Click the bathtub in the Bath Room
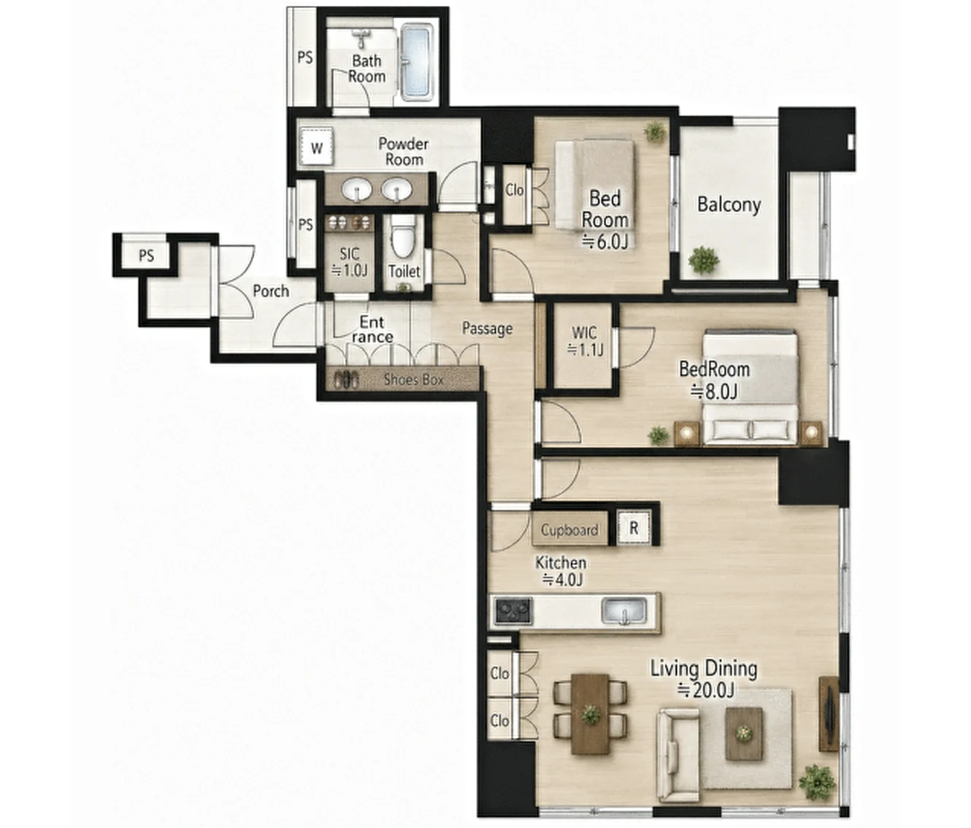tap(417, 63)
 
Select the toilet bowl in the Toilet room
tap(403, 237)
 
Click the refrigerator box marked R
tap(634, 528)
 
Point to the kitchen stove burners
tap(513, 611)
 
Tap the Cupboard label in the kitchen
tap(569, 530)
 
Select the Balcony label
tap(729, 205)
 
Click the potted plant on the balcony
tap(704, 260)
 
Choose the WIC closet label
tap(584, 333)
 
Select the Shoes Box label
tap(413, 379)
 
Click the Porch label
tap(271, 291)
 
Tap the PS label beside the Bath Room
tap(305, 58)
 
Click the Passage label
tap(487, 328)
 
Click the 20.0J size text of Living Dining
tap(705, 690)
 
